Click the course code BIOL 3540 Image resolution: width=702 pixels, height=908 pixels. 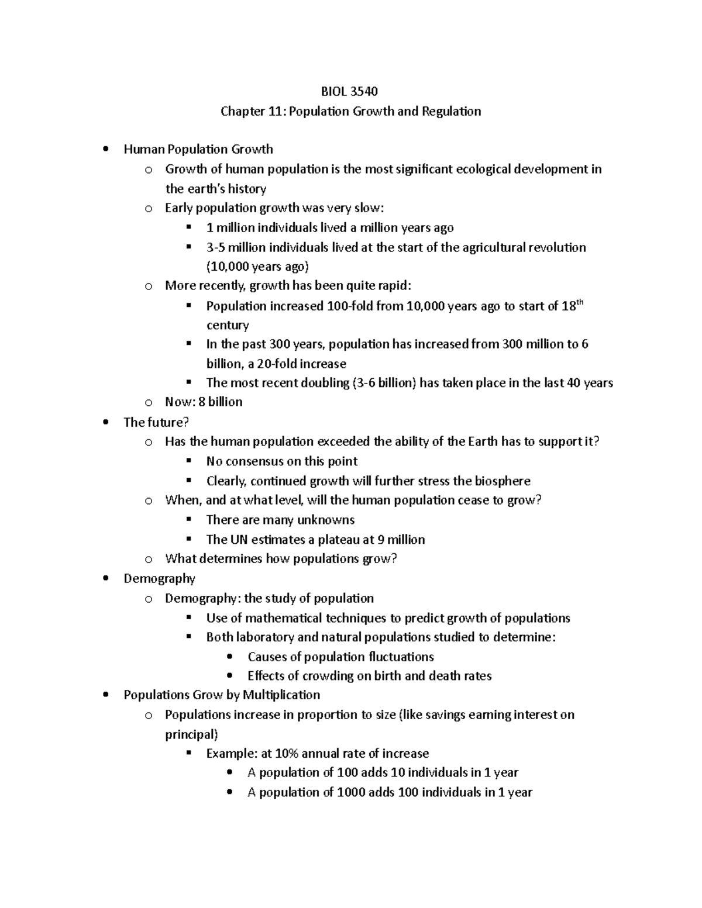coord(350,91)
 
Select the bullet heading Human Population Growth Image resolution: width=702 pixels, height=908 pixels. coord(198,149)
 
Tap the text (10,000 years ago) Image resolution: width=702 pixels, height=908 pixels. coord(257,267)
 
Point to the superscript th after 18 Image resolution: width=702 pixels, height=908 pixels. coord(580,302)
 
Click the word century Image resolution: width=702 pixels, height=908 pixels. coord(228,325)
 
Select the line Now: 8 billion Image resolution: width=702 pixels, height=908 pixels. coord(204,402)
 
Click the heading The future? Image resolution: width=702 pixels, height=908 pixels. coord(156,422)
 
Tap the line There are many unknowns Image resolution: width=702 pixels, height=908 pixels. coord(280,520)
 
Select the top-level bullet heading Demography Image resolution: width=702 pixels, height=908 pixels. coord(159,578)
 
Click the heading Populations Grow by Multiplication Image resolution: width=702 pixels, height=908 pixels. coord(222,695)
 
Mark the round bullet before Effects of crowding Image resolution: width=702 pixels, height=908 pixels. coord(229,676)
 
